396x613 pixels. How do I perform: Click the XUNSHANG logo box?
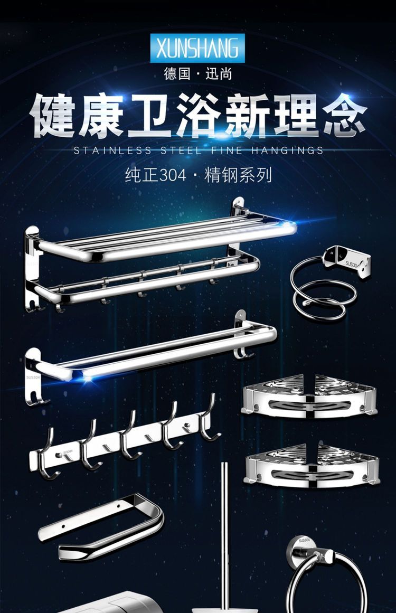[x=197, y=48]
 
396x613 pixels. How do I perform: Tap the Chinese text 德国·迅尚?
[x=198, y=73]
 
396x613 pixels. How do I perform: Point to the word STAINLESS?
[x=113, y=150]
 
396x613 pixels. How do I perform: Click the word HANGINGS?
[x=287, y=150]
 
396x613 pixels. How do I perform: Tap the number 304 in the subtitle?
[x=172, y=175]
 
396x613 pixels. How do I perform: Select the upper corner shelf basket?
[x=309, y=395]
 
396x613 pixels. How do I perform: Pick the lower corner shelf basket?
[x=312, y=466]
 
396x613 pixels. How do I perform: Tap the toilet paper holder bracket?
[x=101, y=526]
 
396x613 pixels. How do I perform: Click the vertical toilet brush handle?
[x=224, y=535]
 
